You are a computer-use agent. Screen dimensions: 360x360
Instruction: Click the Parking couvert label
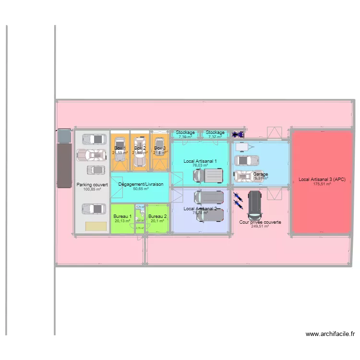(92, 184)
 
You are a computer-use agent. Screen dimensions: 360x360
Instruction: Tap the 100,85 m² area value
(92, 189)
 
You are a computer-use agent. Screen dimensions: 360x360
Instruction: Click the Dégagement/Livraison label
(141, 184)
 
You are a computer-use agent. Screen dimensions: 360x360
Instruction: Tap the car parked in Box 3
(160, 151)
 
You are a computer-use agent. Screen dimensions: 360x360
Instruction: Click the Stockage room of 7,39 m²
(185, 134)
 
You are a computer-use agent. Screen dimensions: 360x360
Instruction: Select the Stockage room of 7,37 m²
(215, 134)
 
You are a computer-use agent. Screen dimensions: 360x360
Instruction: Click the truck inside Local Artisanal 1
(209, 176)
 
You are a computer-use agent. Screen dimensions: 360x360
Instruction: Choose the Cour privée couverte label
(260, 222)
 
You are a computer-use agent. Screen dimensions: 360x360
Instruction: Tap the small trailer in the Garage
(242, 146)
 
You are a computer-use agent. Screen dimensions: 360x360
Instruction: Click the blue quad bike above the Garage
(238, 135)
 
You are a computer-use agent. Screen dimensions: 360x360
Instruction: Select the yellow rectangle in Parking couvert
(96, 226)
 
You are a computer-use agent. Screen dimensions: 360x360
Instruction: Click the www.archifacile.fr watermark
(330, 334)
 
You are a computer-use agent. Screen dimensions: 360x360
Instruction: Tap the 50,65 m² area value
(141, 189)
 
